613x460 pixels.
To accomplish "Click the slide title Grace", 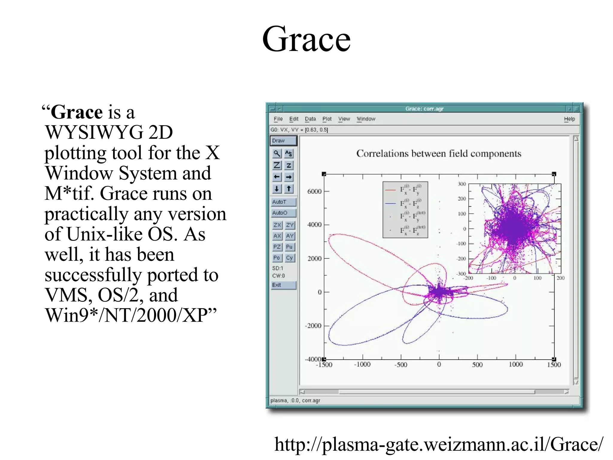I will (306, 39).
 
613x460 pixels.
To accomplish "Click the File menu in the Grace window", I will (278, 119).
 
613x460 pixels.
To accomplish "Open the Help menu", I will (569, 119).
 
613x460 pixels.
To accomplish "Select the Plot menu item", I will (327, 119).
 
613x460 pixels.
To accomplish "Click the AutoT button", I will (283, 202).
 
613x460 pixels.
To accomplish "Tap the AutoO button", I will (283, 213).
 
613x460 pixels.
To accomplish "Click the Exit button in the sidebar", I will (283, 285).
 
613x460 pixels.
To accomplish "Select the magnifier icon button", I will (277, 153).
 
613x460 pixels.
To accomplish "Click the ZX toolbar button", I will (277, 225).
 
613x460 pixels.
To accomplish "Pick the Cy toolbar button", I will (289, 258).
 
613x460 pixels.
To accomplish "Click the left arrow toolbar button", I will (277, 177).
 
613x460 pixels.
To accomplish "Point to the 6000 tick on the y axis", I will (314, 191).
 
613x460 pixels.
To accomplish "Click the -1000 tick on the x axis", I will (362, 364).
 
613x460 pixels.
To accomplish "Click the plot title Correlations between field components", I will (438, 154).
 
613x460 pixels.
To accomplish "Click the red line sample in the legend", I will (390, 190).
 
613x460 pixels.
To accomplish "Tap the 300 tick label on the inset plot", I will (462, 184).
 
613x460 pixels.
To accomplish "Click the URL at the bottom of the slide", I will (438, 444).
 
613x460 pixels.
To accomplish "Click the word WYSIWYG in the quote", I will (94, 132).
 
